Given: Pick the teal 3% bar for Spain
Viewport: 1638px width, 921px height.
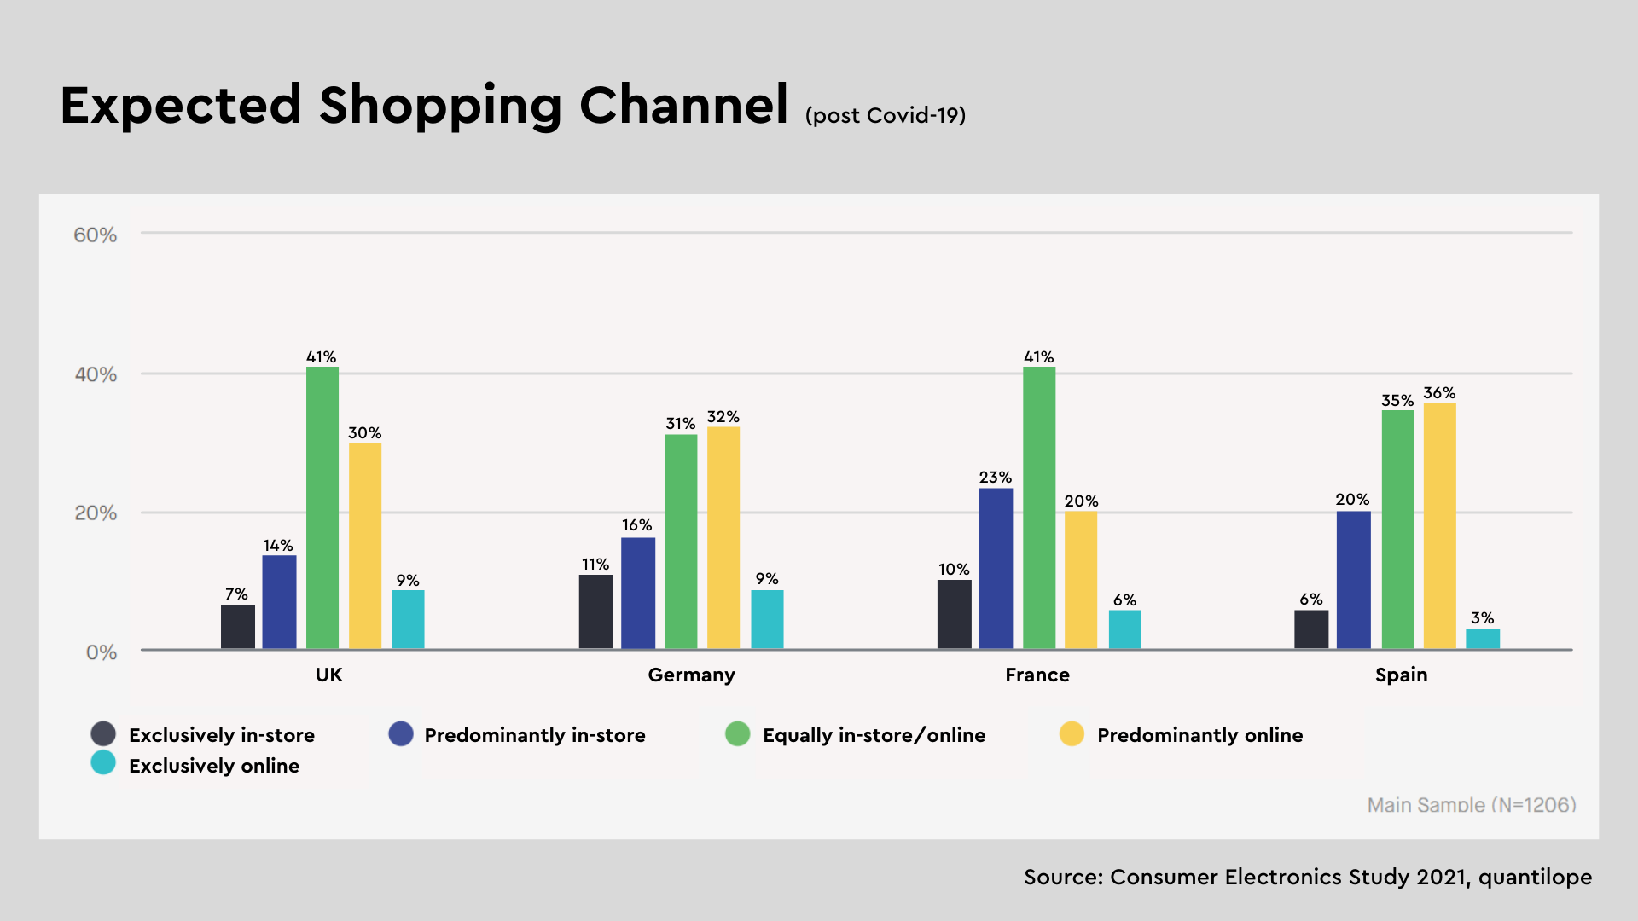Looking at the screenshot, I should [1483, 639].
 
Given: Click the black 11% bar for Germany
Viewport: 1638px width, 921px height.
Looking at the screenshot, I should [595, 611].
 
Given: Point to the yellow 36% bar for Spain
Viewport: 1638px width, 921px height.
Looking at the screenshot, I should [1440, 525].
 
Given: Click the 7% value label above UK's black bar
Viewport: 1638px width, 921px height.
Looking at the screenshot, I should [236, 594].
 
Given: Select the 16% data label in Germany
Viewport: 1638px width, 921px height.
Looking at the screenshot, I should [636, 525].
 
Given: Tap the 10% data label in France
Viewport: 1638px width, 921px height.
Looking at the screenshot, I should [954, 570].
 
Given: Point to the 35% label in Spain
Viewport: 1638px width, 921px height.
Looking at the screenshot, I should [1397, 401].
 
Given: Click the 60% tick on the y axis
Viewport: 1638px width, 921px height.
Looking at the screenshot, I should [95, 235].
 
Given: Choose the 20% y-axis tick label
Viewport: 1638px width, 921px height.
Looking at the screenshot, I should [96, 513].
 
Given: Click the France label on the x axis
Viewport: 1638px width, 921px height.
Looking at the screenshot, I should [1037, 675].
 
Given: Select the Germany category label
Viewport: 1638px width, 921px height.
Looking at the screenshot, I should [691, 675].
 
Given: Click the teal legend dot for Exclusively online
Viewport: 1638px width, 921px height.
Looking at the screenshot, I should [103, 763].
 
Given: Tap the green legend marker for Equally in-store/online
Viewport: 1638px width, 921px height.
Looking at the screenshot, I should [737, 734].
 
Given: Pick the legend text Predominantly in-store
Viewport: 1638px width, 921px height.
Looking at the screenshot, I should [535, 735].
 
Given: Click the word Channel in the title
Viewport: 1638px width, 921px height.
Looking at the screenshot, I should [683, 106].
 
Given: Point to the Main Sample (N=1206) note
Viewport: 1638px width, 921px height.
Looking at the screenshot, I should [1471, 805].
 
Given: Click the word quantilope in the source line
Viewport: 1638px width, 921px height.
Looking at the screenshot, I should [1535, 878].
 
